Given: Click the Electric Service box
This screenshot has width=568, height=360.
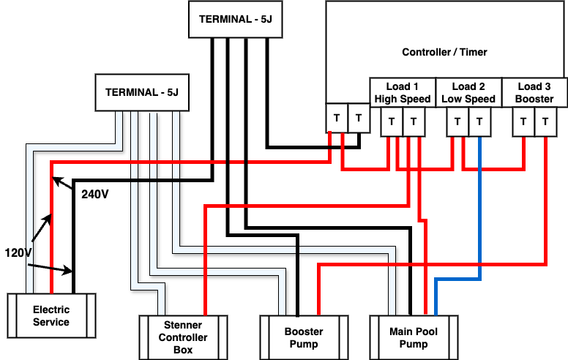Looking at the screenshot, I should click(51, 315).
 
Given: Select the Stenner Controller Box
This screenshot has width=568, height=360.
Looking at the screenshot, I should click(183, 337).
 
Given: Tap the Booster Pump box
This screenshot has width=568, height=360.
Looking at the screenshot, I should click(304, 337).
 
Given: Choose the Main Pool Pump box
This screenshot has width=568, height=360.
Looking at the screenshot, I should click(414, 337).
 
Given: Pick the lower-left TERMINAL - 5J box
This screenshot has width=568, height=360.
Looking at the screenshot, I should click(142, 93).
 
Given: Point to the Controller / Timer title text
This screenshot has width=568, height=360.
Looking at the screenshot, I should click(444, 52).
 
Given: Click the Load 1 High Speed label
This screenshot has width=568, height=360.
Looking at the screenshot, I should click(402, 92).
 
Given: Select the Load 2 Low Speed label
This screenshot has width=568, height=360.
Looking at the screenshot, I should click(468, 92).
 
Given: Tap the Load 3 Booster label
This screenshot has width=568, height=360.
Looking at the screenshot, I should click(534, 92).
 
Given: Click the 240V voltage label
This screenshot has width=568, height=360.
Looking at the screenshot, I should click(95, 195).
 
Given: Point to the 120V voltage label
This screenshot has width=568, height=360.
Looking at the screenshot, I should click(19, 252).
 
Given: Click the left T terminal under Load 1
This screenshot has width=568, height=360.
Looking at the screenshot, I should click(392, 121).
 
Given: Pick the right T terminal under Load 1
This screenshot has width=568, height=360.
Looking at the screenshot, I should click(414, 121).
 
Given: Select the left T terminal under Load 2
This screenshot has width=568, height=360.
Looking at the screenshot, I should click(457, 121).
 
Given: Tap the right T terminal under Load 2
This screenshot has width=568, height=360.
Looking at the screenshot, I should click(479, 121).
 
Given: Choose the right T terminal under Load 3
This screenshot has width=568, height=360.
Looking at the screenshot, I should click(545, 121).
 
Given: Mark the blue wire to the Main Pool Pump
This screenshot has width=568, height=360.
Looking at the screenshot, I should click(479, 220).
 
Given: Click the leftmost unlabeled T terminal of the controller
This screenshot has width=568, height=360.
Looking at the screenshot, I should click(337, 117).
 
